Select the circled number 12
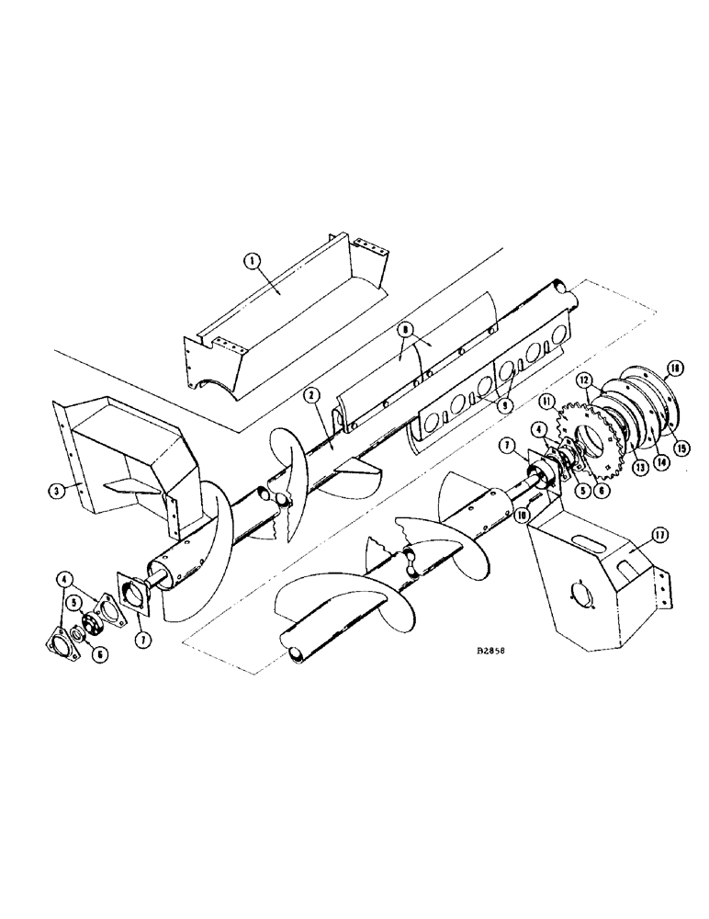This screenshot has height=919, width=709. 581,379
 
